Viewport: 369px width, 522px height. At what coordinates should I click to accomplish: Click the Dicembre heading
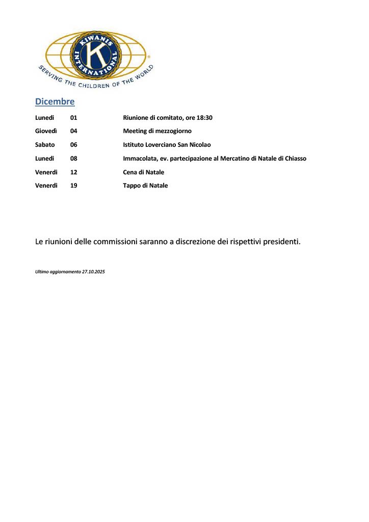(x=55, y=101)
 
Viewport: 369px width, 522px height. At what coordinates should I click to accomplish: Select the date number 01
(x=73, y=118)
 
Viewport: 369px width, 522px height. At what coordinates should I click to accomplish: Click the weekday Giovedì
(x=46, y=131)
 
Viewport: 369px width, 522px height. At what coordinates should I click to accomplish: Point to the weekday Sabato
(x=45, y=145)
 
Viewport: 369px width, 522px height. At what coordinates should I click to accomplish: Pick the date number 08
(x=73, y=159)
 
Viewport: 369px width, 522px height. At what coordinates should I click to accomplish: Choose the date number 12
(x=73, y=172)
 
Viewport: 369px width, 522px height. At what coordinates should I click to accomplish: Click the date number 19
(x=73, y=186)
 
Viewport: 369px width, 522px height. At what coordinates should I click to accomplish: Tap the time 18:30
(x=204, y=118)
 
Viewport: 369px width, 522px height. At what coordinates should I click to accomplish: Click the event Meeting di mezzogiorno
(x=157, y=131)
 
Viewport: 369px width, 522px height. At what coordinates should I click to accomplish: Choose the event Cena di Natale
(x=143, y=172)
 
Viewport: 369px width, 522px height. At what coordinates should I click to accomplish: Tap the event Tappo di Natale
(x=145, y=186)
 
